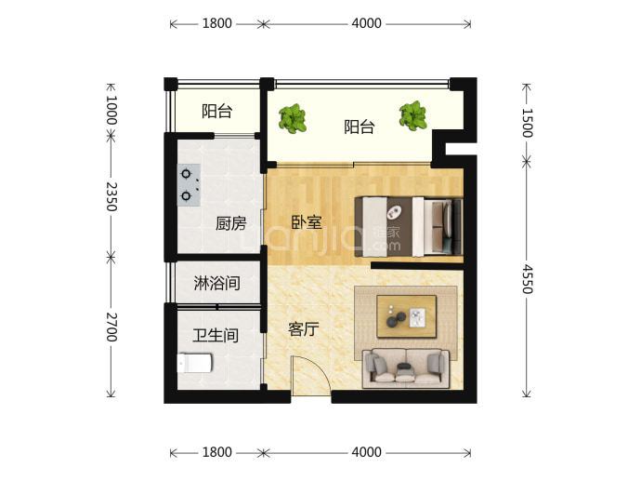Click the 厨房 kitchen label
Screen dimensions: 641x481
click(231, 223)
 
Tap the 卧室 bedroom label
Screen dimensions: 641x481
click(307, 222)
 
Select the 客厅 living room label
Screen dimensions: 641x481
click(304, 328)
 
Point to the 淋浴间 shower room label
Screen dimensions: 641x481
click(216, 283)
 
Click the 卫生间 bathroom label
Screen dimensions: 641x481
click(216, 336)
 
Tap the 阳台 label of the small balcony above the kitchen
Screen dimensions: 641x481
click(217, 111)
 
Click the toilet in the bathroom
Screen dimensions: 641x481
click(194, 363)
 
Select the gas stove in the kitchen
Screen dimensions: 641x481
click(189, 185)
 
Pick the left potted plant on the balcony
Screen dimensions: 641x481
click(293, 118)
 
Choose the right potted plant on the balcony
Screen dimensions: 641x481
click(413, 116)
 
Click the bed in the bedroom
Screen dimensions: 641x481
click(409, 227)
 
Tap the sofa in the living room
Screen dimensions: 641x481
click(406, 368)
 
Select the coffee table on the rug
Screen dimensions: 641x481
click(406, 316)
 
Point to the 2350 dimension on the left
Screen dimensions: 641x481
click(111, 196)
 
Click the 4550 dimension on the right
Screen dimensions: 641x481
click(528, 279)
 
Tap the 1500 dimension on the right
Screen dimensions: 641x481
click(528, 123)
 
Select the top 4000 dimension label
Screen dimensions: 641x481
click(366, 23)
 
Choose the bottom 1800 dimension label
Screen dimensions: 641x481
click(217, 452)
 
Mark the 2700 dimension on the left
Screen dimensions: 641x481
click(111, 327)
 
